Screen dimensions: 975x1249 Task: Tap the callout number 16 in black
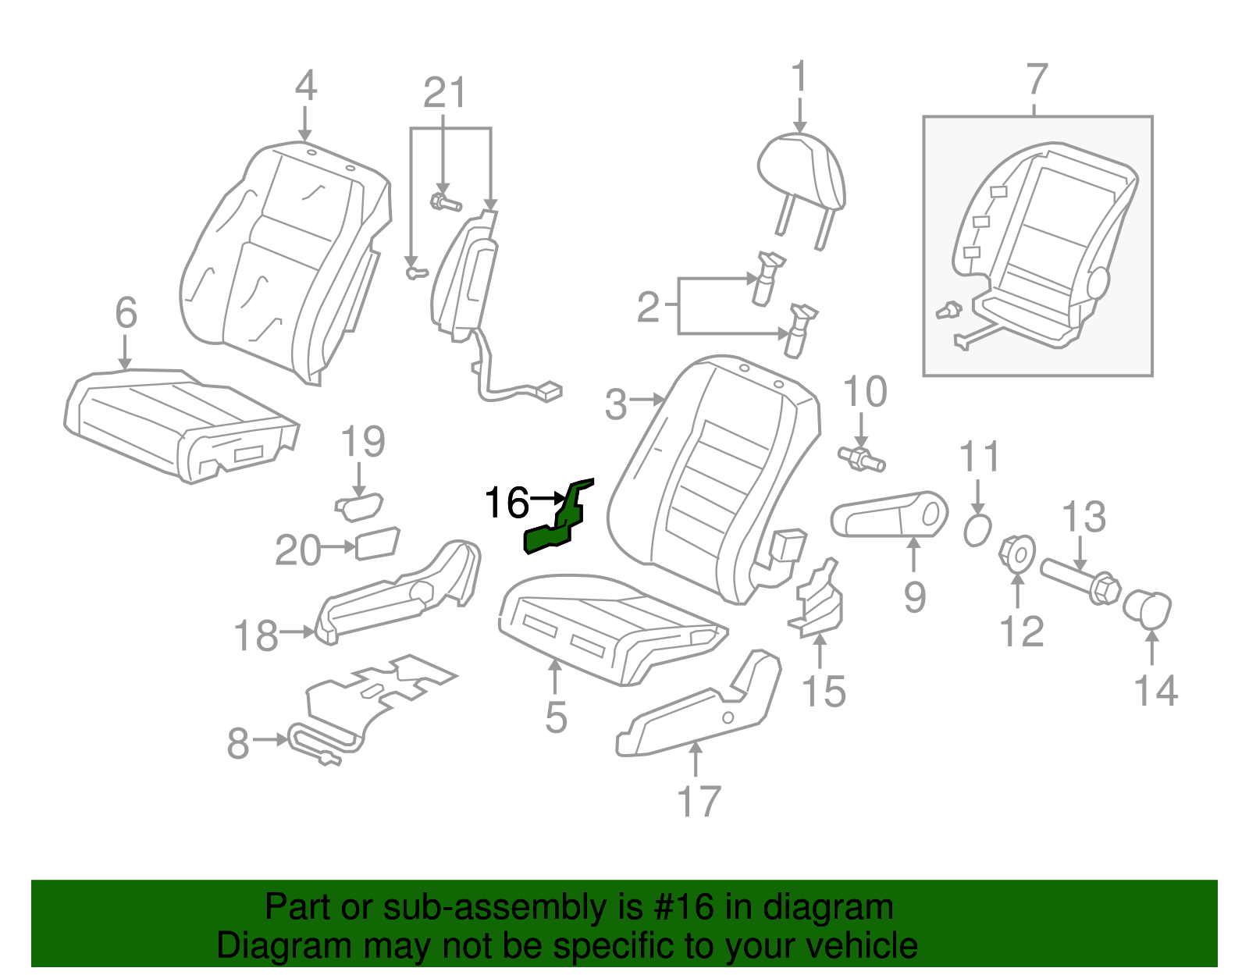(507, 503)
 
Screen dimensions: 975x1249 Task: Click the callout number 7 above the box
(1036, 80)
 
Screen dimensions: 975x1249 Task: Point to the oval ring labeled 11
(977, 532)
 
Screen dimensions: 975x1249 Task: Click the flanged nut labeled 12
(1017, 553)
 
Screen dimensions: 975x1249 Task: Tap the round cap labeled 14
(1148, 610)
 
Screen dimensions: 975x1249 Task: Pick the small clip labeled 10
(861, 459)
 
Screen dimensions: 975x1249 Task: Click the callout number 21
(444, 94)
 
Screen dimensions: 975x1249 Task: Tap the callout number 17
(698, 802)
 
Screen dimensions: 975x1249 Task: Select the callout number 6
(126, 313)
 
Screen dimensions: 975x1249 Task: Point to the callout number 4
(306, 86)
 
